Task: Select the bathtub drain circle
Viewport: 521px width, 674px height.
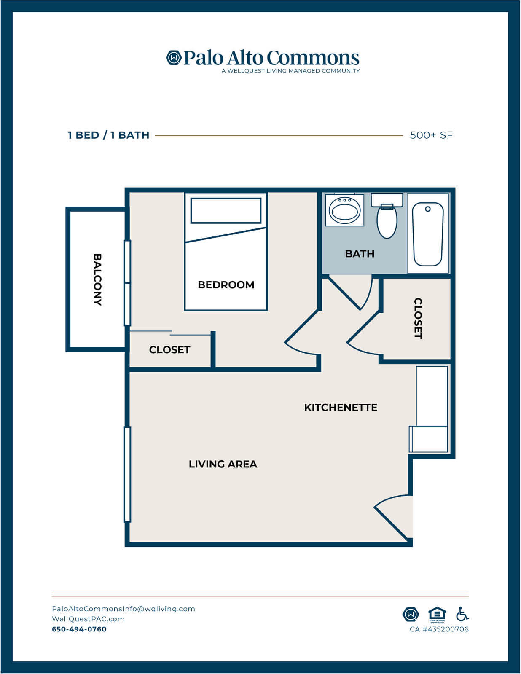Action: tap(428, 209)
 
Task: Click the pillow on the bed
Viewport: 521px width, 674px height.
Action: tap(226, 210)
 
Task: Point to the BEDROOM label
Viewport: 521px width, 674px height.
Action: tap(226, 285)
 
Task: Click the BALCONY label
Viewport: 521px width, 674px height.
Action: tap(97, 279)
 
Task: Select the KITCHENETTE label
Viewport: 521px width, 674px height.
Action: tap(341, 407)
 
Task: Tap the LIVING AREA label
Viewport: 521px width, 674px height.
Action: tap(223, 464)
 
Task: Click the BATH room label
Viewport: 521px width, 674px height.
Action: tap(360, 254)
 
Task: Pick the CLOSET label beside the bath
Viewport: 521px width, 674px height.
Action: tap(418, 319)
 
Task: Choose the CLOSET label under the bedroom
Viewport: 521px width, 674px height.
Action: tap(169, 349)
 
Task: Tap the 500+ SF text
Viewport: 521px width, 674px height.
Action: tap(431, 135)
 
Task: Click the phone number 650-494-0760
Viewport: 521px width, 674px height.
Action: tap(79, 629)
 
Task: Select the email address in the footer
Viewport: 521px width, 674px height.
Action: tap(124, 609)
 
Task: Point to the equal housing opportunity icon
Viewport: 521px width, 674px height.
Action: tap(437, 615)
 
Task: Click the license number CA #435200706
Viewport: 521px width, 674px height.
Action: tap(439, 629)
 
